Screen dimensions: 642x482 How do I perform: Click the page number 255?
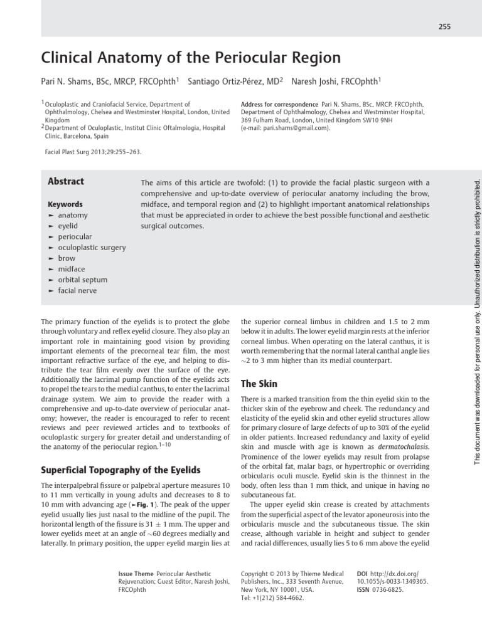tap(444, 26)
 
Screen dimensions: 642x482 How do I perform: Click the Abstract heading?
tap(66, 182)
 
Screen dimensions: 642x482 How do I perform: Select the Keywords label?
tap(65, 204)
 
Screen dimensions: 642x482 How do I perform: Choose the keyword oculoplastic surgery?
tap(92, 247)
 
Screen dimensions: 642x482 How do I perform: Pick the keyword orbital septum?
tap(82, 280)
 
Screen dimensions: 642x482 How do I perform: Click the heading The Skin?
tap(259, 383)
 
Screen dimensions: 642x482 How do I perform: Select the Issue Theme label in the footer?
tap(136, 574)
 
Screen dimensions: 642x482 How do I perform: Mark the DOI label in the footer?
tap(362, 574)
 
